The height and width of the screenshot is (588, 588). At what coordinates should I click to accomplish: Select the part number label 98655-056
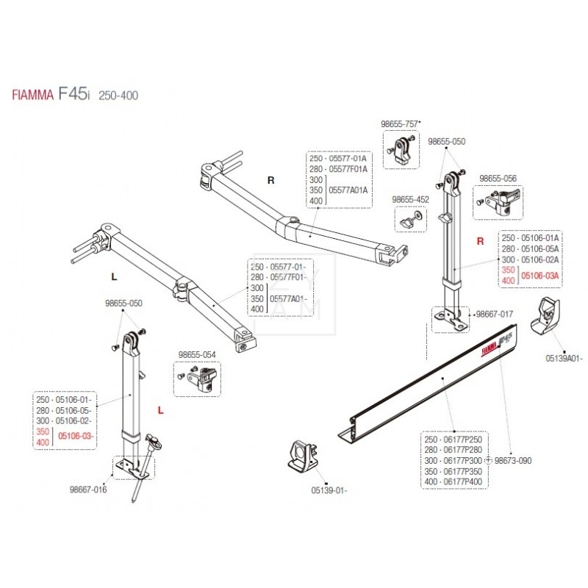498,178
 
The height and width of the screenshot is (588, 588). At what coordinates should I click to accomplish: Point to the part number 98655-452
410,198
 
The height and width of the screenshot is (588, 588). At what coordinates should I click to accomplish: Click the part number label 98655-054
197,355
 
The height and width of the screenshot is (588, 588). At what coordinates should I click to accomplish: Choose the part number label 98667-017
495,314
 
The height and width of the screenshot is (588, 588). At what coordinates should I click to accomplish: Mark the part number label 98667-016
89,490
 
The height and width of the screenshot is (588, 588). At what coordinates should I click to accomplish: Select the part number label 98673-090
513,460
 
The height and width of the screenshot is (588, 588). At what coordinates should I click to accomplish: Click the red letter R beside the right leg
481,240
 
